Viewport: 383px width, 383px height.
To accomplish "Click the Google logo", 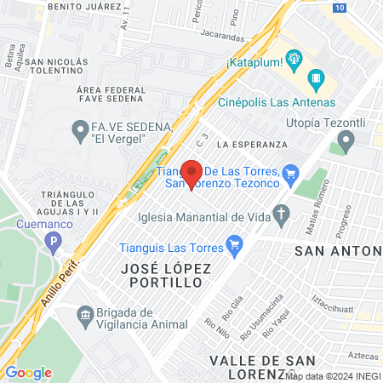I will click(28, 372).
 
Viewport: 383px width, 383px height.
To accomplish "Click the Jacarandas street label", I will click(223, 37).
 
